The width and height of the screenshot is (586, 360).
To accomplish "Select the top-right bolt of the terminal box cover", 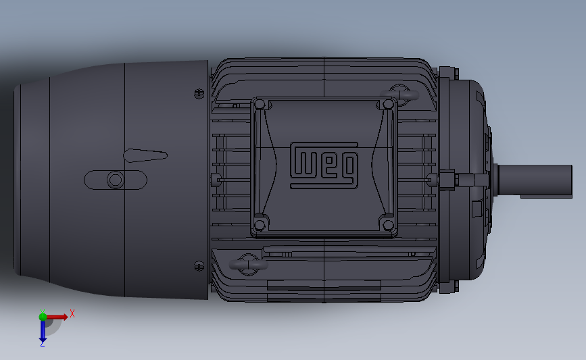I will [387, 104].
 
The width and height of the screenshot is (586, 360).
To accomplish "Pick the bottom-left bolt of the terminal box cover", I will [259, 224].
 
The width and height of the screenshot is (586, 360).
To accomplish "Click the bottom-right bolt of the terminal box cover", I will [387, 224].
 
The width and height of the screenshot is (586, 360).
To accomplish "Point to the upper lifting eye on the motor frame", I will [399, 93].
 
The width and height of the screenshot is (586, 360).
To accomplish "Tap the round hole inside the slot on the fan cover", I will [115, 180].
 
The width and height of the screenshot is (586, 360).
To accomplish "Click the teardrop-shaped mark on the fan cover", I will [145, 155].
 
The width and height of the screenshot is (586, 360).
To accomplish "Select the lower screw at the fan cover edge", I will [199, 265].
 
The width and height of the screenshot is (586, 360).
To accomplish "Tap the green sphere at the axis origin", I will [43, 315].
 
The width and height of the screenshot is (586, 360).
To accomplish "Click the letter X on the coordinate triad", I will [72, 313].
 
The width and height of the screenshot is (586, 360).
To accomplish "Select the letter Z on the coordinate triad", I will [42, 344].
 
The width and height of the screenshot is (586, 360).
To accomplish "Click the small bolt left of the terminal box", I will [216, 179].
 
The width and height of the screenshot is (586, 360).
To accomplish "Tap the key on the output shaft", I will [527, 195].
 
